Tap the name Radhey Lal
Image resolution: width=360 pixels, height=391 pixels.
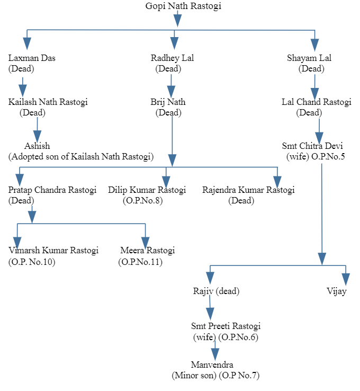(x=172, y=58)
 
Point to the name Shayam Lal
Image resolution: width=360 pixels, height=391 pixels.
(x=316, y=58)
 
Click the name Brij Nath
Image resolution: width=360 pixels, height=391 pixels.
(x=168, y=102)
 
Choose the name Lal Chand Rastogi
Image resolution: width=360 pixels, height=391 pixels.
(x=316, y=102)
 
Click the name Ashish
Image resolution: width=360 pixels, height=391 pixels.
(x=37, y=146)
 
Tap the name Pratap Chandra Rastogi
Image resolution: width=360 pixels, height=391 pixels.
(x=52, y=190)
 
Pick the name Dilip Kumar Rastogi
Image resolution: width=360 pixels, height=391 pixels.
(x=147, y=190)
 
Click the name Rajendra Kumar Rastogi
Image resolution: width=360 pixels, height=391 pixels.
(x=248, y=190)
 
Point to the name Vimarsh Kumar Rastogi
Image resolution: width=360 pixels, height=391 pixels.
(x=53, y=251)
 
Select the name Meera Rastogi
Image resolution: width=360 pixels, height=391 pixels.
(x=147, y=251)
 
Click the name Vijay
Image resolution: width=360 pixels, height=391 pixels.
(x=337, y=291)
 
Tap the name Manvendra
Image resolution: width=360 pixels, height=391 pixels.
(x=212, y=366)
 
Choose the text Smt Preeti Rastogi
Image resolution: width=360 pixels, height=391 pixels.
(x=226, y=326)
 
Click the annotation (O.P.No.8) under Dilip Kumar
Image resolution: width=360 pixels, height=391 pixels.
(x=142, y=201)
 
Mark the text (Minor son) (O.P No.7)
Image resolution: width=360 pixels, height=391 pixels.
(x=215, y=376)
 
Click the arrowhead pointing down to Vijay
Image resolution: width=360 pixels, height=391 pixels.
(x=346, y=278)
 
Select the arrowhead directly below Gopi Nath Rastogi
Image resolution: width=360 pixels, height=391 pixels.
(x=177, y=20)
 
